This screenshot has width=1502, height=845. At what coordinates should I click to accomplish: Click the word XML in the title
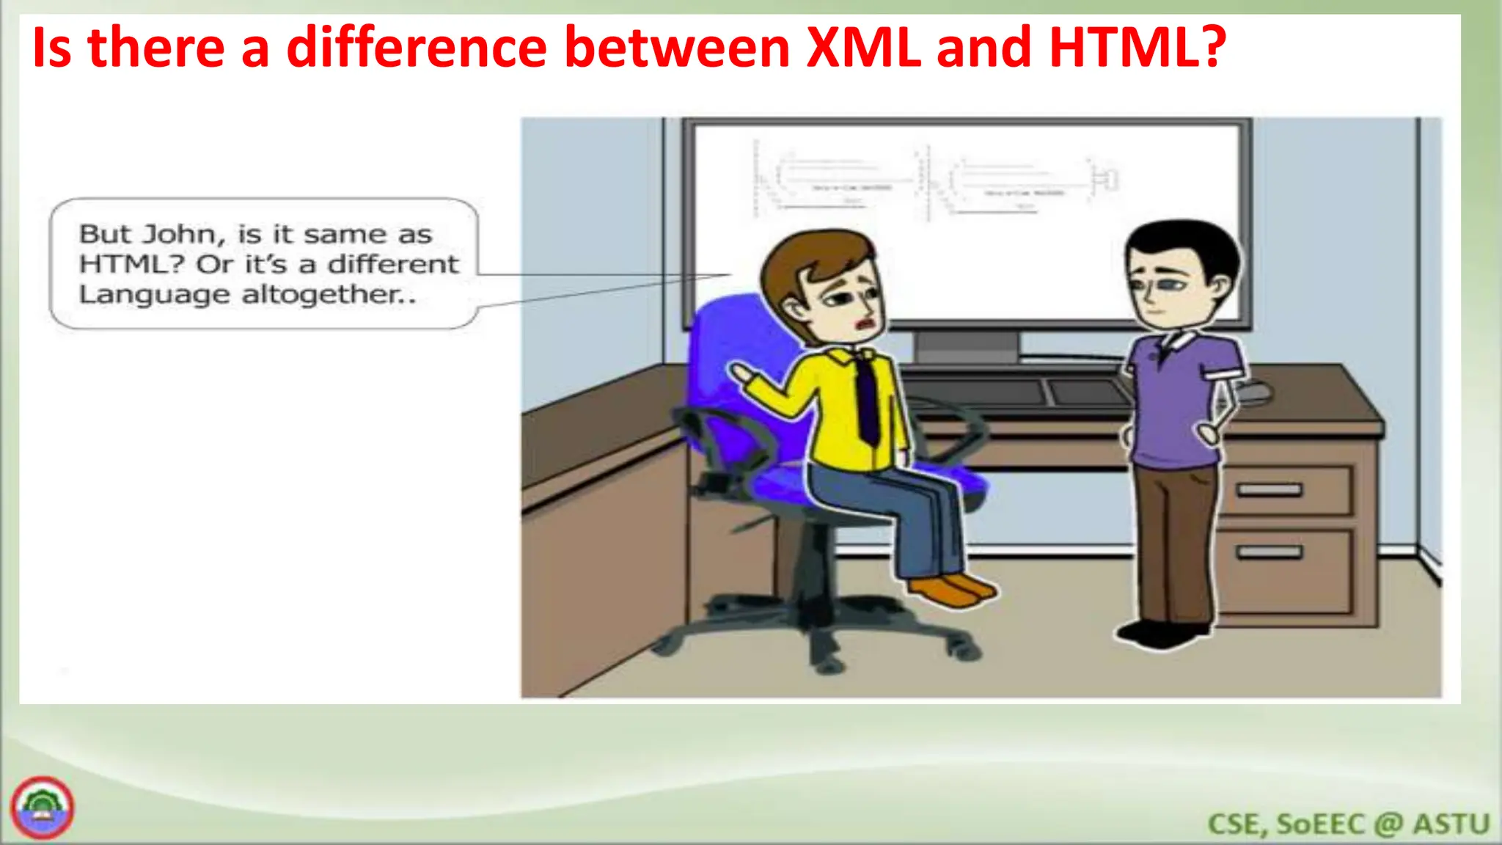point(862,48)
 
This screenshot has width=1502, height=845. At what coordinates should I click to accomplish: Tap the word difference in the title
point(417,48)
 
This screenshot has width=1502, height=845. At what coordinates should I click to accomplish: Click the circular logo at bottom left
point(43,808)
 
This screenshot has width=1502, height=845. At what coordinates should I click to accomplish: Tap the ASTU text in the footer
point(1451,824)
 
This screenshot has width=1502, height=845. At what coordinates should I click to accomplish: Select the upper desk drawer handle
point(1270,489)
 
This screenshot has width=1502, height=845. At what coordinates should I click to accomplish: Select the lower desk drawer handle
point(1270,552)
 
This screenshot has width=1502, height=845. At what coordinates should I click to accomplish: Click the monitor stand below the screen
point(966,345)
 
